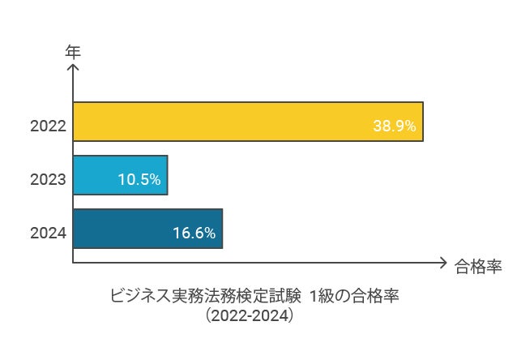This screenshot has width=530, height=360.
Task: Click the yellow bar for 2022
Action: click(248, 122)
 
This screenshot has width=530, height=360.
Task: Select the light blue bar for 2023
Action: click(120, 175)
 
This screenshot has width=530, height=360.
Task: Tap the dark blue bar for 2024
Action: click(147, 229)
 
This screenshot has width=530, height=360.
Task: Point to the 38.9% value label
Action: click(394, 126)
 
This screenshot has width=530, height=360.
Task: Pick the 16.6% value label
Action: click(194, 234)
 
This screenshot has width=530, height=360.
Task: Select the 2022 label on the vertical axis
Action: click(48, 126)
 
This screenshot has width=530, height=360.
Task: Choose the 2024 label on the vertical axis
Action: click(48, 234)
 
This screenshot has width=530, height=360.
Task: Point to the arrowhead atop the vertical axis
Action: click(73, 68)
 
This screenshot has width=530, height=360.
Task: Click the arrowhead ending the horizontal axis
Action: click(442, 262)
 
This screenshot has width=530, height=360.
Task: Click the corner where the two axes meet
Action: click(73, 262)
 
